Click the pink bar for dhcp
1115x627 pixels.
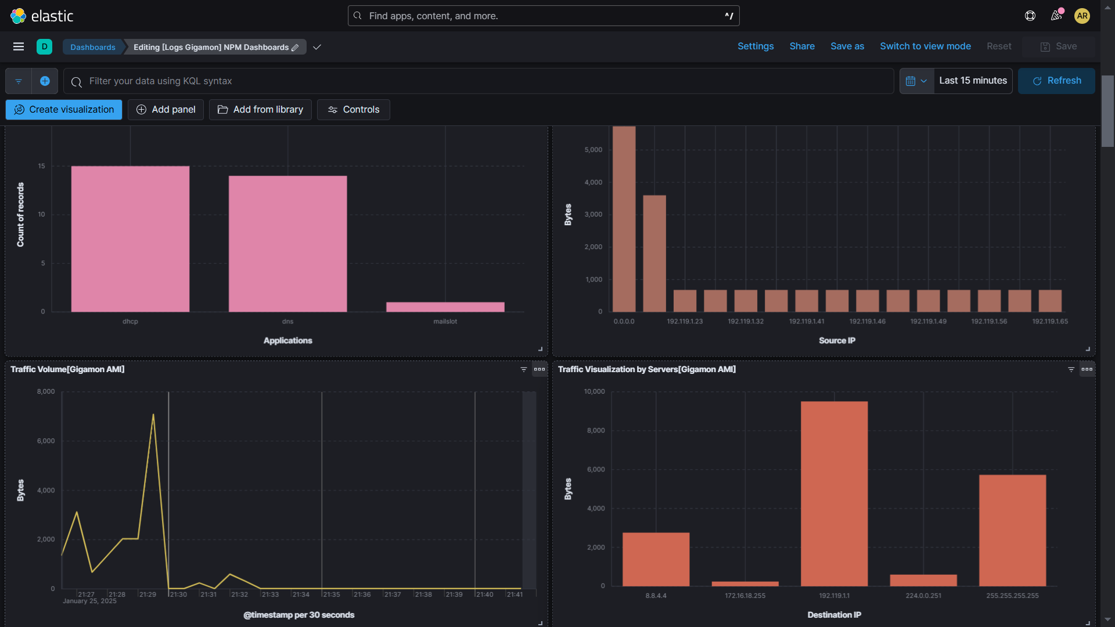(x=130, y=239)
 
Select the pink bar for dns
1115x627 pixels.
(x=287, y=243)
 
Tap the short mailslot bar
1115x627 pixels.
(x=445, y=307)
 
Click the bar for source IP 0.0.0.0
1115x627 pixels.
(x=624, y=219)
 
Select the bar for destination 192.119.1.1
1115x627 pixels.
(x=834, y=493)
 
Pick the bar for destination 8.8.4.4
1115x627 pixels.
(x=656, y=559)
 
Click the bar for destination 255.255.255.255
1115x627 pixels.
(x=1012, y=530)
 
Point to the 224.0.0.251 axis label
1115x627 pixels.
(x=923, y=596)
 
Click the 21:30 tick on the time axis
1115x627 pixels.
(x=178, y=594)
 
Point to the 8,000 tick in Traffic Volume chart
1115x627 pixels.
(x=46, y=392)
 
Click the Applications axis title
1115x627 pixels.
(x=287, y=341)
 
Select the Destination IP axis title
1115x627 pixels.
(x=834, y=615)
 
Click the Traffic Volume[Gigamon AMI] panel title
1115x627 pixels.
(x=67, y=369)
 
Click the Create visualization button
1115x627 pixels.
(x=64, y=110)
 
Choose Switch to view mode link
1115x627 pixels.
(x=925, y=46)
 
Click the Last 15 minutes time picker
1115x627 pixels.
(x=973, y=81)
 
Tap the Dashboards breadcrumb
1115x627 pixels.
(x=93, y=47)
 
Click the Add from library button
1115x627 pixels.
(x=260, y=110)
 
